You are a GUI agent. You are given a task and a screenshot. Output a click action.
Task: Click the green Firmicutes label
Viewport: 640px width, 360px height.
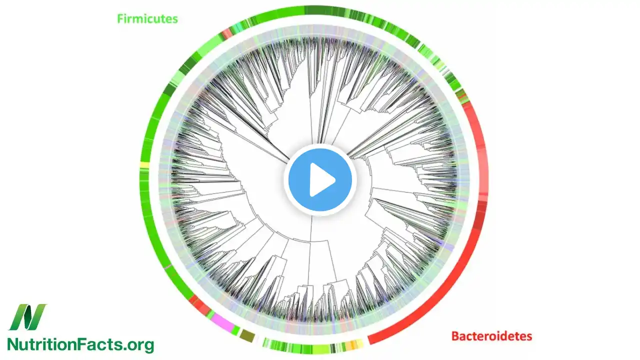147,19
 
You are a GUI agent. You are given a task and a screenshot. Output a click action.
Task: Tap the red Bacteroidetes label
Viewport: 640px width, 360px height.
491,336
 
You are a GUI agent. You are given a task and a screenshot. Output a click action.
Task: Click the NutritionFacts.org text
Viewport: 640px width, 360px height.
80,344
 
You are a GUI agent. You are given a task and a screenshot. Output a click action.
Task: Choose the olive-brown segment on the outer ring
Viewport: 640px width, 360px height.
247,336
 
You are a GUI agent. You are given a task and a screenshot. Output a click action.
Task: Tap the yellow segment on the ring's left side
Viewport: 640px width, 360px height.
145,165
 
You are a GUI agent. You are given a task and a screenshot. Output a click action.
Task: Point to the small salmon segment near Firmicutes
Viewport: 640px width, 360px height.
226,33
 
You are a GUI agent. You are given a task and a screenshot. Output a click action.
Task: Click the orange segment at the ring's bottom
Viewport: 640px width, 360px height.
353,344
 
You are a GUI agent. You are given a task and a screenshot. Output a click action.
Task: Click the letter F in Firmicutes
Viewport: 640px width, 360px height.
120,19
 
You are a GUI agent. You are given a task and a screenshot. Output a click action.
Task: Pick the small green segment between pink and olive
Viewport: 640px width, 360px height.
235,330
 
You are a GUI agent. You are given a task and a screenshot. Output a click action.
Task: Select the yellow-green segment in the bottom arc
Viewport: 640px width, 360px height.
320,348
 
